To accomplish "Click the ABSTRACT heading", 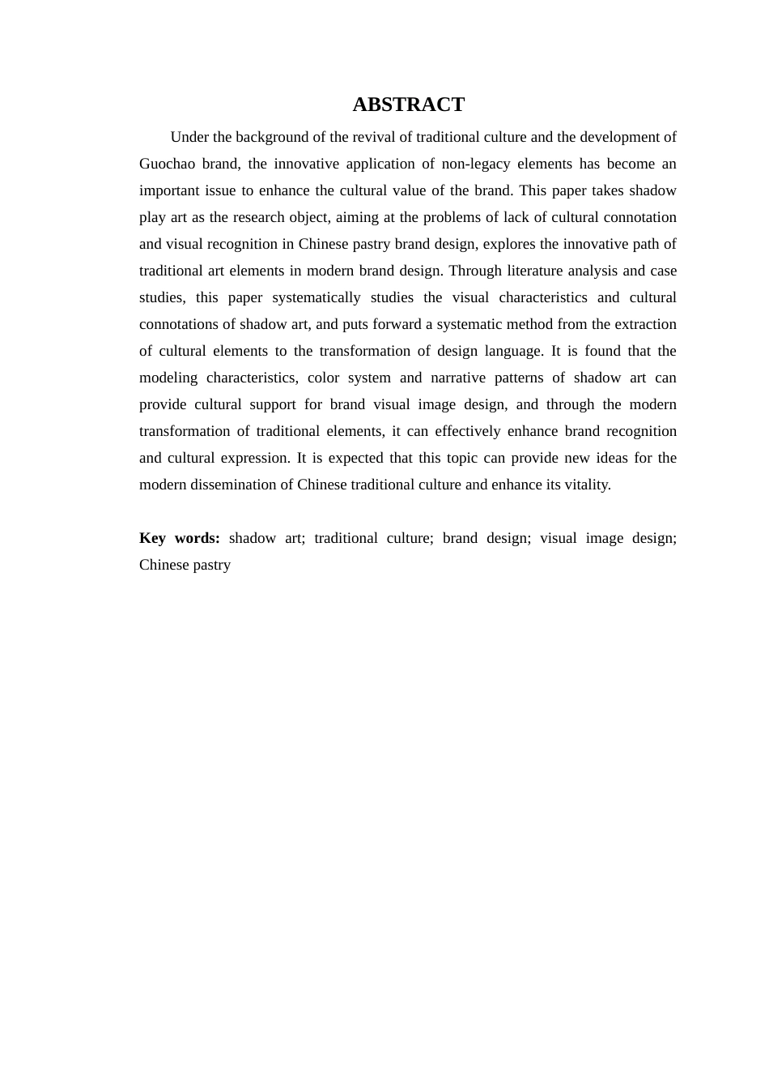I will click(x=408, y=105).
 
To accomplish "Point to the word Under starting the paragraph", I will click(x=190, y=137).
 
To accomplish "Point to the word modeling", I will click(x=168, y=378).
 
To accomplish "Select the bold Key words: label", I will click(x=180, y=538).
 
